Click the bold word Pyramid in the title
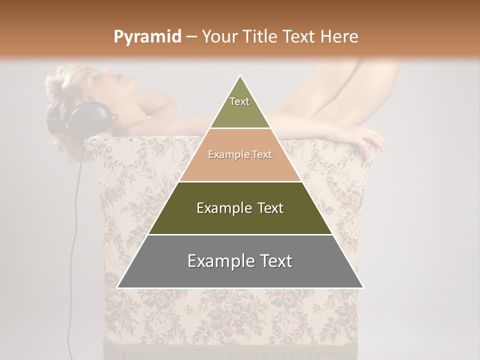[147, 37]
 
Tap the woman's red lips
[119, 77]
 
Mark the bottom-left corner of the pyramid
[117, 288]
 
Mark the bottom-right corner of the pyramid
[363, 288]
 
